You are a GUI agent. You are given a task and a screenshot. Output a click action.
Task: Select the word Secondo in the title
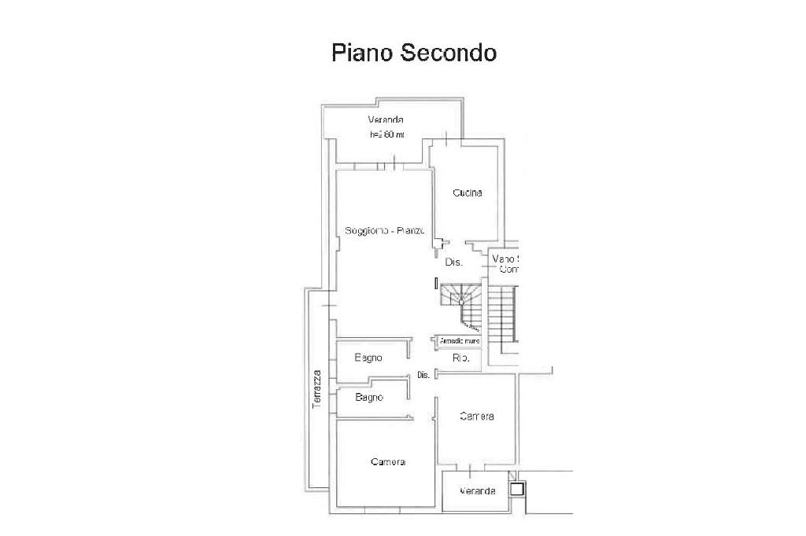point(449,53)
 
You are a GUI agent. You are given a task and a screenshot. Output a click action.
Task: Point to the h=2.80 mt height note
point(386,134)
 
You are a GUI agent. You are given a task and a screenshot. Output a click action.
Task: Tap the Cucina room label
point(467,193)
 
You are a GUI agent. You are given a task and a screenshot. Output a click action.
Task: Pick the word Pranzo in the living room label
point(412,231)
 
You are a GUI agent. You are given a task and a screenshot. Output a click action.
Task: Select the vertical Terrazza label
point(316,387)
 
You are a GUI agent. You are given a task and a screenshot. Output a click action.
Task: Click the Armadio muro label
point(460,342)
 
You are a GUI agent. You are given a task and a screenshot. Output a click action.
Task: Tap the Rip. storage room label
point(460,358)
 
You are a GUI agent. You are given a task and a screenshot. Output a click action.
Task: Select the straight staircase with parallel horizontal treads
point(501,314)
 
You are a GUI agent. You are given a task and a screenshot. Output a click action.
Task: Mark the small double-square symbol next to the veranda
point(516,489)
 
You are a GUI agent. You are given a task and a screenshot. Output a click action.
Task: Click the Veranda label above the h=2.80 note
point(386,119)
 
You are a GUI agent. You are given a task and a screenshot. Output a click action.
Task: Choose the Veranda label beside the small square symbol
point(479,491)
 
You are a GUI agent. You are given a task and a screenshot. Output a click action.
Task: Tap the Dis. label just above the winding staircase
point(453,262)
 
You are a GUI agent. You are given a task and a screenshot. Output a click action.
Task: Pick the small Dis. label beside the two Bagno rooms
point(423,375)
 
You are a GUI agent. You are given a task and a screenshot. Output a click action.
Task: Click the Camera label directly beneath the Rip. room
point(477,416)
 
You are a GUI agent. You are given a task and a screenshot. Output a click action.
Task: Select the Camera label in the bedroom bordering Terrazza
point(387,461)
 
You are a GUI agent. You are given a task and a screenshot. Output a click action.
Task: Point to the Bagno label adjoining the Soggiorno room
point(368,358)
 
